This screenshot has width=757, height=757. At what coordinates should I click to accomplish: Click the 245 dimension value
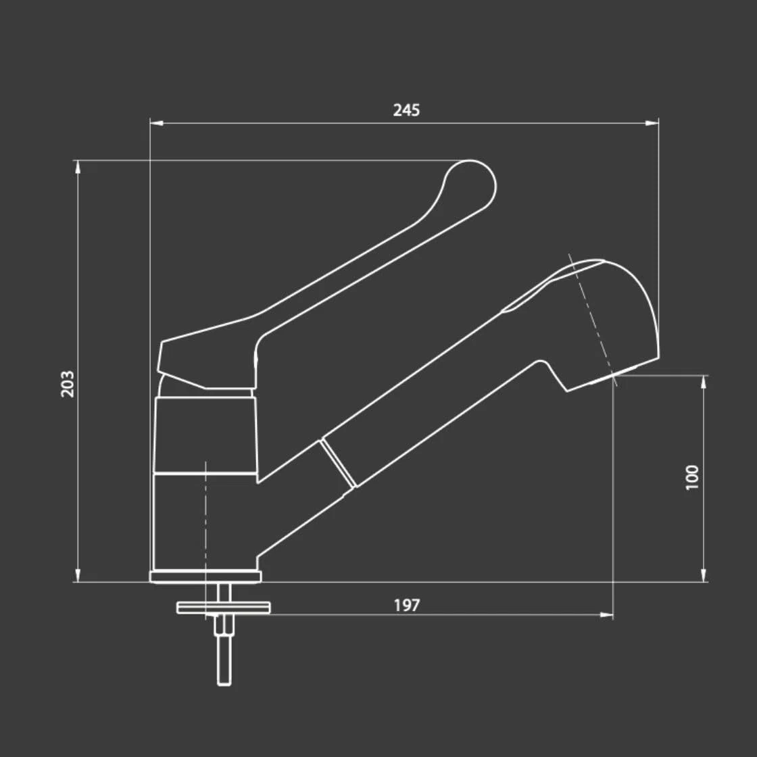406,110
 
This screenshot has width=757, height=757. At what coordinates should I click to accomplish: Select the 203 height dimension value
68,384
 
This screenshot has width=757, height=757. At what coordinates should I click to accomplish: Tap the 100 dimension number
692,477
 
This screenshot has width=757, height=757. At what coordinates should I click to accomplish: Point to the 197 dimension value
407,606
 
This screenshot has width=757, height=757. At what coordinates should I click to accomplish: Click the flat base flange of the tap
205,577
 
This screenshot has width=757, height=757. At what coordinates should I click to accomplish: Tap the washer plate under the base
224,608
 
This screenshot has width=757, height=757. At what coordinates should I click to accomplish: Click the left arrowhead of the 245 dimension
156,123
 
